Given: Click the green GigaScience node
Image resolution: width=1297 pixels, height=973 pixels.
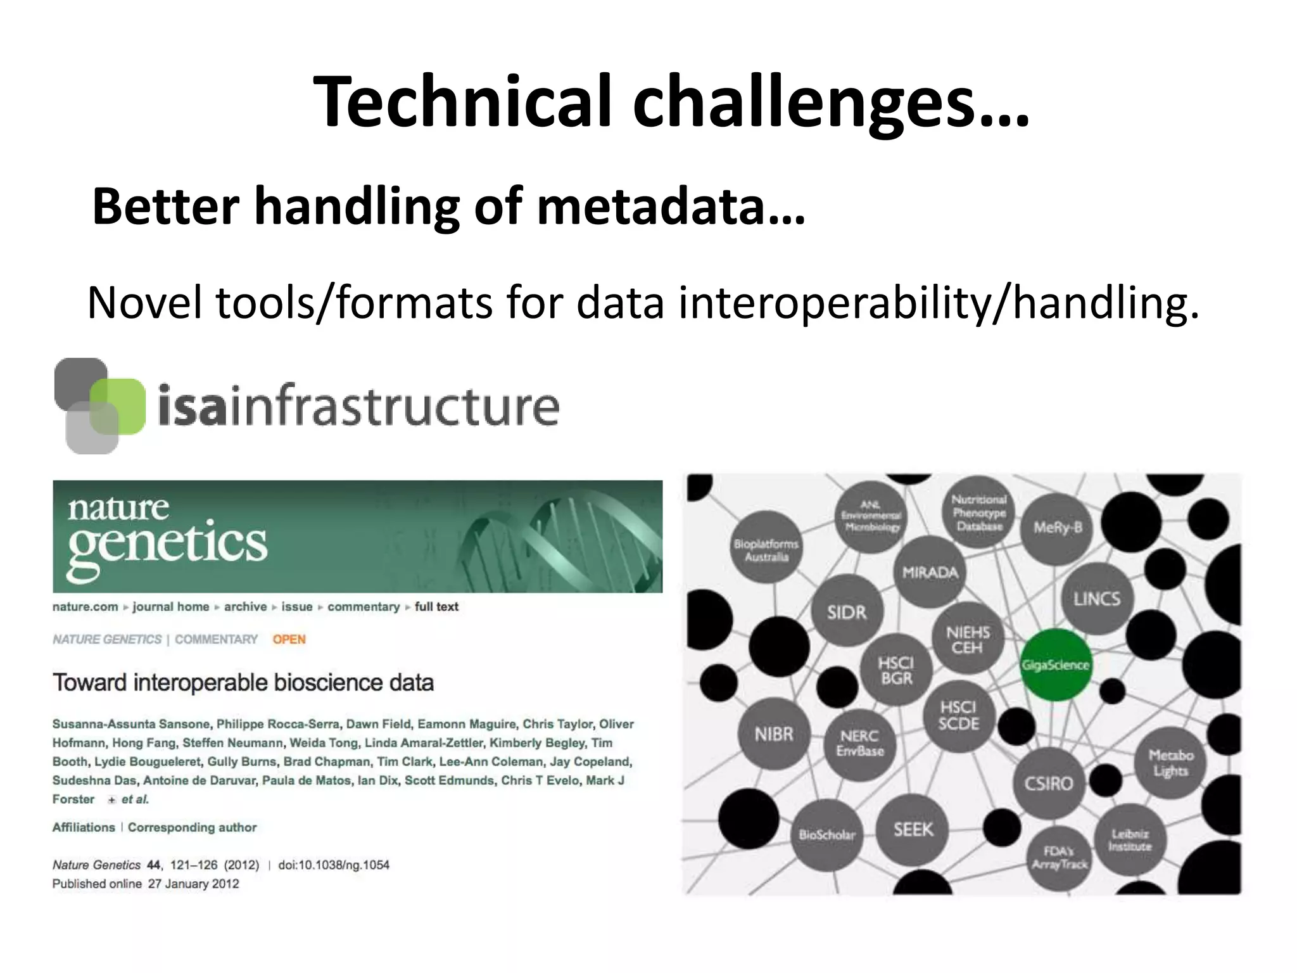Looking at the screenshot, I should point(1055,665).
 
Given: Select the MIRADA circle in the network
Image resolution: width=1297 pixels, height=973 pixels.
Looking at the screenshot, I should point(930,572).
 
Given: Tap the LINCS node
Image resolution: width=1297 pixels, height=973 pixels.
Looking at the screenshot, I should point(1096,599).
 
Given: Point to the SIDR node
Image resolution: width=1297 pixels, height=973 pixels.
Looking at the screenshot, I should point(847,612).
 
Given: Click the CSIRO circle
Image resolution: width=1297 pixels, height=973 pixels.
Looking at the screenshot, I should point(1049,784).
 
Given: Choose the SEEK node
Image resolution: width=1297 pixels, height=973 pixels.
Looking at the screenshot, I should point(913,829).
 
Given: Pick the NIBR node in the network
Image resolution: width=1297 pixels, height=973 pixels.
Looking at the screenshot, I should point(774,734).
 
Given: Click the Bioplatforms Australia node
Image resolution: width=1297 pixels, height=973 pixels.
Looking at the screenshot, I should point(766,550).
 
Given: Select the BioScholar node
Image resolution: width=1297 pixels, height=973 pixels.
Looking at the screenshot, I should point(827,835).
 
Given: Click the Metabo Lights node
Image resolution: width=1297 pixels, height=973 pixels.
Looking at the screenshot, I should point(1170,763).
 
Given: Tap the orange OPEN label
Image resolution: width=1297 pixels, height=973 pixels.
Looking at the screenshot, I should point(289,639).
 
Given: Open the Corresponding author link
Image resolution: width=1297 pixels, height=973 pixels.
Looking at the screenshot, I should point(192,827).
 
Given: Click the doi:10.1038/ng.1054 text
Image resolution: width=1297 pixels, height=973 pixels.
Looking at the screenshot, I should point(334,865).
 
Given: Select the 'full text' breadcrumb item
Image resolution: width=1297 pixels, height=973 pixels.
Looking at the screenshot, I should point(436,607).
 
